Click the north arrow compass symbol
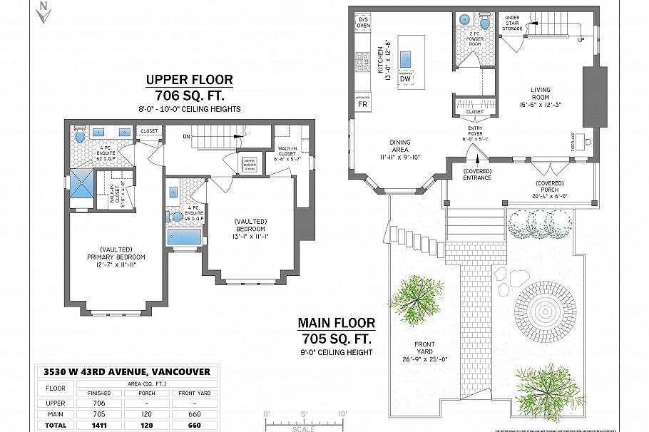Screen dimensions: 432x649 tap(44, 12)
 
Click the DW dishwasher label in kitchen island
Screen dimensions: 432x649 tap(405, 78)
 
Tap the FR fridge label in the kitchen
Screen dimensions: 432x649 tap(362, 104)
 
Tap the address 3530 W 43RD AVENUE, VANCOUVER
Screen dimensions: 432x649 tap(126, 371)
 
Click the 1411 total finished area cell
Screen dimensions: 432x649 tap(99, 426)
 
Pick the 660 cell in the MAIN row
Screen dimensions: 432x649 tap(195, 413)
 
